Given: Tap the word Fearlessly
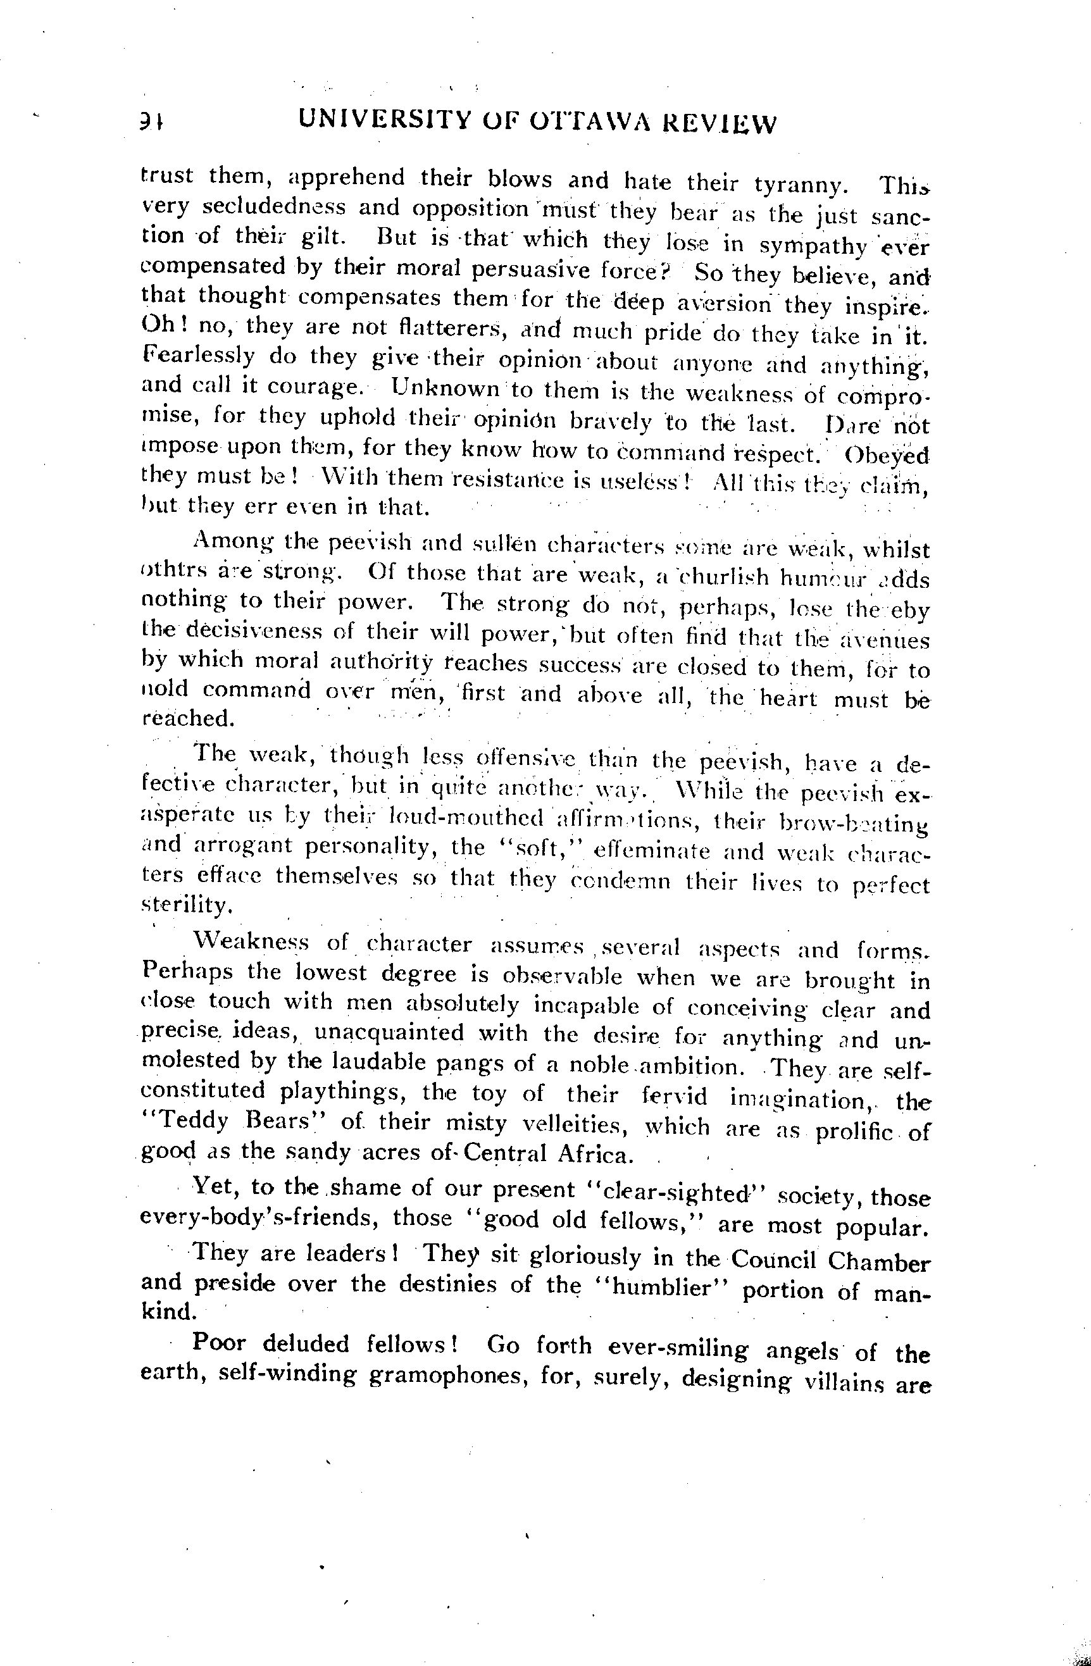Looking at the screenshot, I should point(198,356).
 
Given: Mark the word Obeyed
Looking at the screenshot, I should point(887,455).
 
